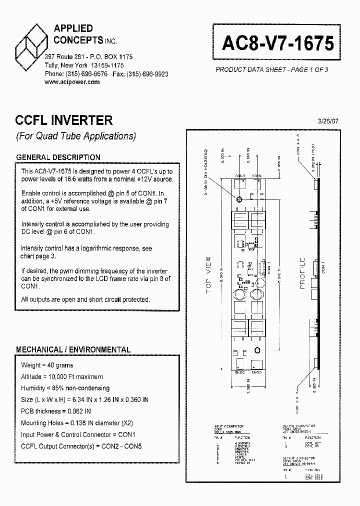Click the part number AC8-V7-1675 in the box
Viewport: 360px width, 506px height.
click(x=277, y=43)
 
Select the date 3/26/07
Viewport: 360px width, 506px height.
click(x=328, y=121)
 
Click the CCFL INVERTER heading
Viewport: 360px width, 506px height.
click(x=64, y=120)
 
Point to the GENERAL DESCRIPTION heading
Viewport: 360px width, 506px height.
click(x=58, y=157)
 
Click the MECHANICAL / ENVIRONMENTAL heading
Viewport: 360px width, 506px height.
click(x=73, y=350)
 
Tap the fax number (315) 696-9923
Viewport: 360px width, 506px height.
click(x=147, y=73)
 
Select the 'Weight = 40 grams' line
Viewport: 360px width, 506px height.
click(x=47, y=365)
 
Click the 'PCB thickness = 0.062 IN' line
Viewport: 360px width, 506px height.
click(x=56, y=411)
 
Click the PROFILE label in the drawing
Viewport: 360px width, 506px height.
click(x=302, y=273)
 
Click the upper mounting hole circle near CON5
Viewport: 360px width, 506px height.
click(x=239, y=199)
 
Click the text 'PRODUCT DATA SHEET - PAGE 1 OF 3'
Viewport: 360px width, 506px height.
click(x=271, y=70)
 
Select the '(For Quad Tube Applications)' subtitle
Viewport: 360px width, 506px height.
click(x=75, y=136)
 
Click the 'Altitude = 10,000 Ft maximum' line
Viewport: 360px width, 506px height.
click(x=62, y=376)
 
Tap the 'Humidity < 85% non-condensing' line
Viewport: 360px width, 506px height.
click(x=65, y=388)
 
